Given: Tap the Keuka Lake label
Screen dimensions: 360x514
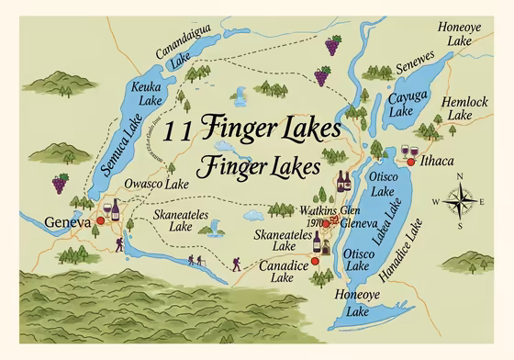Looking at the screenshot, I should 148,92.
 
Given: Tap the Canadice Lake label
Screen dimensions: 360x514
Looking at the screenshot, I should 275,271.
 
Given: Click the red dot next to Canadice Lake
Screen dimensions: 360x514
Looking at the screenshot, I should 314,261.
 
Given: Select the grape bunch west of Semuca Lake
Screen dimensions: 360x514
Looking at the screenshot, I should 61,183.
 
